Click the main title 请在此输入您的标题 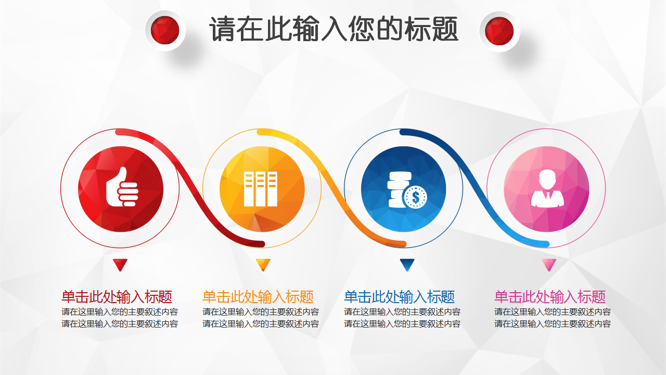pyautogui.click(x=334, y=29)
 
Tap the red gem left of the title pyautogui.click(x=165, y=30)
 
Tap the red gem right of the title pyautogui.click(x=499, y=31)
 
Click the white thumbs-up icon pyautogui.click(x=122, y=186)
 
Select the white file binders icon pyautogui.click(x=261, y=189)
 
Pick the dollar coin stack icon pyautogui.click(x=407, y=190)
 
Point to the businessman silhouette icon pyautogui.click(x=547, y=188)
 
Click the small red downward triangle pyautogui.click(x=120, y=265)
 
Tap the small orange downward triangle pyautogui.click(x=263, y=265)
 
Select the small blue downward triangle pyautogui.click(x=407, y=265)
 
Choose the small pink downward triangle pyautogui.click(x=549, y=265)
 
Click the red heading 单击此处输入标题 pyautogui.click(x=117, y=297)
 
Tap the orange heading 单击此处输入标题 pyautogui.click(x=258, y=297)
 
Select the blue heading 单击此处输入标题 pyautogui.click(x=399, y=297)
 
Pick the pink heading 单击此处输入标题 pyautogui.click(x=550, y=297)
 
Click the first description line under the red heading pyautogui.click(x=120, y=312)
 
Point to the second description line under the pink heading pyautogui.click(x=553, y=323)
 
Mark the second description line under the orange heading pyautogui.click(x=261, y=323)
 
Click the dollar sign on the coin pyautogui.click(x=416, y=197)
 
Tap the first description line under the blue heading pyautogui.click(x=402, y=312)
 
